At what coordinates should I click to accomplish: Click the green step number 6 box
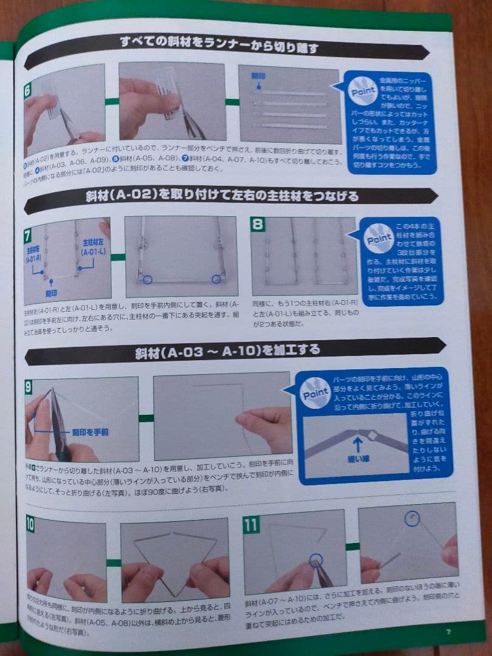pos(28,92)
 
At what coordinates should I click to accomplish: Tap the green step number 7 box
pos(28,234)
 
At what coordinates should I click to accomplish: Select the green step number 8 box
pos(258,225)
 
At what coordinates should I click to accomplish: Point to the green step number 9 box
pos(29,386)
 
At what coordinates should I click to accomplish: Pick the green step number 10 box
pos(30,523)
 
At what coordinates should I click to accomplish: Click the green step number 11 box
pos(251,524)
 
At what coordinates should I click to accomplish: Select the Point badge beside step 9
pos(315,394)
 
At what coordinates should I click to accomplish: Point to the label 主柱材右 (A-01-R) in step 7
pos(35,254)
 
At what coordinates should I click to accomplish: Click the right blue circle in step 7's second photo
pos(216,279)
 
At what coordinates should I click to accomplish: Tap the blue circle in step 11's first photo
pos(315,561)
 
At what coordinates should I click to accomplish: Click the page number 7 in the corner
pos(448,632)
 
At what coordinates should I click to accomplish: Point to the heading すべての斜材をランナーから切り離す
pos(219,46)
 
